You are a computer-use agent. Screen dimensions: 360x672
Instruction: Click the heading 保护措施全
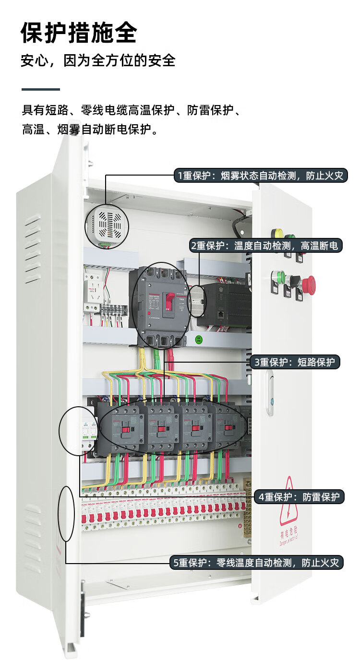[x=79, y=33]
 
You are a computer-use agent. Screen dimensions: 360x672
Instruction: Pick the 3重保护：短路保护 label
[x=295, y=362]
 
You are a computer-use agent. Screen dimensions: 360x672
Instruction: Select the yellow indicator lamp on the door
[x=276, y=234]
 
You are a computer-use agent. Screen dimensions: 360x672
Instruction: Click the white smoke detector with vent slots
[x=107, y=224]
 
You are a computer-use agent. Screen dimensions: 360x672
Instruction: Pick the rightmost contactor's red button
[x=228, y=427]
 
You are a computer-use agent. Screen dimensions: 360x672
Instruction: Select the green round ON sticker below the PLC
[x=198, y=340]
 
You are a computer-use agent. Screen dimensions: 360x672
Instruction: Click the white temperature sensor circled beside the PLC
[x=197, y=302]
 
